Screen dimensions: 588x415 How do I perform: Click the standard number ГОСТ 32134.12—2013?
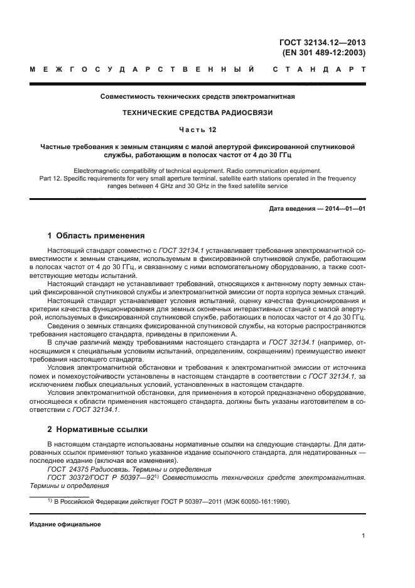[x=322, y=43]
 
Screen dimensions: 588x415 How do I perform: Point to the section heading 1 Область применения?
[x=87, y=236]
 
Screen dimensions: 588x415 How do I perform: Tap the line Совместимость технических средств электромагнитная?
[x=198, y=97]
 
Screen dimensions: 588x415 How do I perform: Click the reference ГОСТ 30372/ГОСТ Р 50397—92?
[x=104, y=477]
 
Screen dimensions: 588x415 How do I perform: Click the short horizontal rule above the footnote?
[x=60, y=496]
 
